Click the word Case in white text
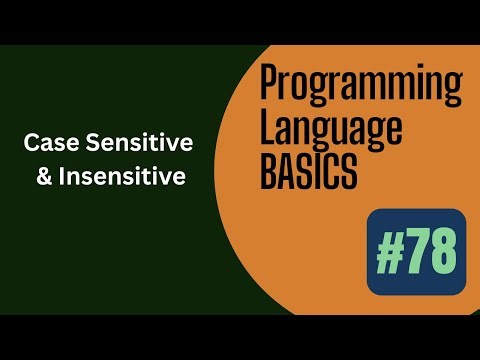point(46,144)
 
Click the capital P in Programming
point(269,88)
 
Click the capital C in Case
point(31,144)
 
